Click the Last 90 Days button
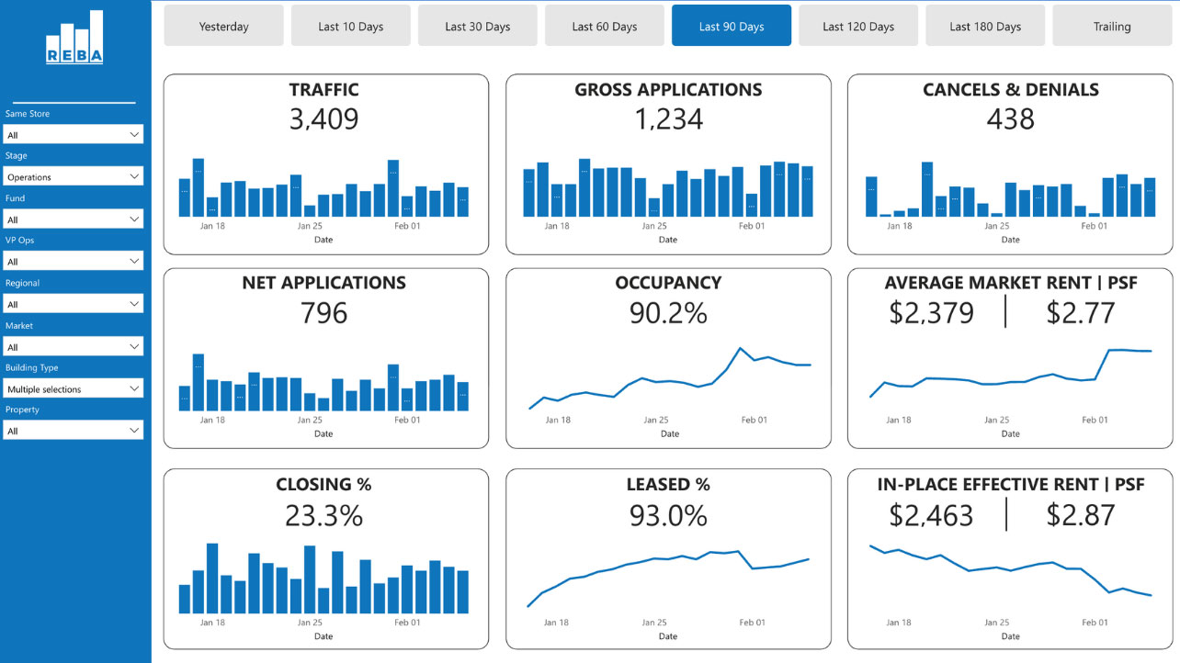pyautogui.click(x=732, y=26)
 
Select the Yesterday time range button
pyautogui.click(x=223, y=26)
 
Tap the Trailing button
pyautogui.click(x=1112, y=26)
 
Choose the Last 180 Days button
pyautogui.click(x=985, y=26)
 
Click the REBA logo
pyautogui.click(x=74, y=38)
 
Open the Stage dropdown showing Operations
pyautogui.click(x=73, y=177)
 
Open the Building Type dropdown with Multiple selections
pyautogui.click(x=73, y=388)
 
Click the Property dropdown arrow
pyautogui.click(x=134, y=431)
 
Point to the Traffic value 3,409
pyautogui.click(x=323, y=119)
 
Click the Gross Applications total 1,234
pyautogui.click(x=668, y=119)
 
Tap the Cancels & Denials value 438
pyautogui.click(x=1010, y=119)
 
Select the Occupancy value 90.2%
pyautogui.click(x=668, y=313)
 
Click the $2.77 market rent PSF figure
pyautogui.click(x=1080, y=313)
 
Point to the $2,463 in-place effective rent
pyautogui.click(x=931, y=515)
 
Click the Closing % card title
pyautogui.click(x=323, y=484)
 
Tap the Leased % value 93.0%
pyautogui.click(x=668, y=515)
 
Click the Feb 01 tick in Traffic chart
pyautogui.click(x=407, y=226)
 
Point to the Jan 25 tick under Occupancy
pyautogui.click(x=656, y=420)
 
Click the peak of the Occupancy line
pyautogui.click(x=740, y=348)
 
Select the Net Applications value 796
pyautogui.click(x=323, y=313)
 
